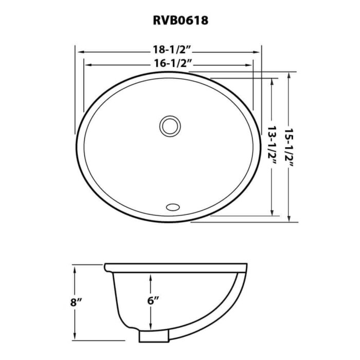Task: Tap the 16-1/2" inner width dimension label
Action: point(169,64)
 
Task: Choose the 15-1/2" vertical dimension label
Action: point(292,149)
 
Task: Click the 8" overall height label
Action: point(77,302)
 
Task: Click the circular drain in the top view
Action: point(169,125)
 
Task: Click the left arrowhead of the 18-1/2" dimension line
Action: point(79,51)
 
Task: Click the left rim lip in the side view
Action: point(108,268)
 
